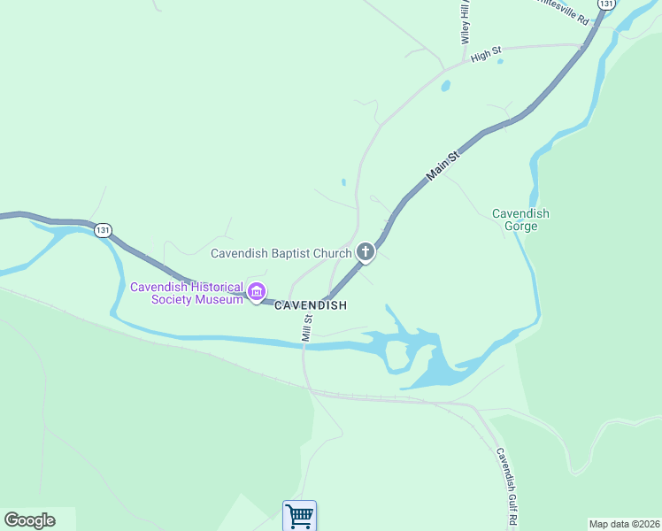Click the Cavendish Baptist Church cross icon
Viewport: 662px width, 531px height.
(365, 253)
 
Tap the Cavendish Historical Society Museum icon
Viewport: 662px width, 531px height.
(257, 291)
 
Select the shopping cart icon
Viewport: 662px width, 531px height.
(299, 515)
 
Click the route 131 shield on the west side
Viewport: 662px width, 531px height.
(104, 230)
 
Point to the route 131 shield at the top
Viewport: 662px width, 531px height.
(605, 4)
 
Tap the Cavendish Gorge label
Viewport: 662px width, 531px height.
(520, 219)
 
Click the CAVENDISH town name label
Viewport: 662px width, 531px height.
(310, 305)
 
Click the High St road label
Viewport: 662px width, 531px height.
(486, 56)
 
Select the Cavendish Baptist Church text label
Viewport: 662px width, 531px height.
(281, 253)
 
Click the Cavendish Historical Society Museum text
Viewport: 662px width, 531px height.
(187, 293)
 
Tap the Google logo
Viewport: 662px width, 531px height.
(29, 520)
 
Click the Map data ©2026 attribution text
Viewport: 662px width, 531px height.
(624, 524)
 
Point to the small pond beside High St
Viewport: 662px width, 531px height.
(445, 87)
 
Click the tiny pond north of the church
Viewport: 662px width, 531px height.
(343, 182)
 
